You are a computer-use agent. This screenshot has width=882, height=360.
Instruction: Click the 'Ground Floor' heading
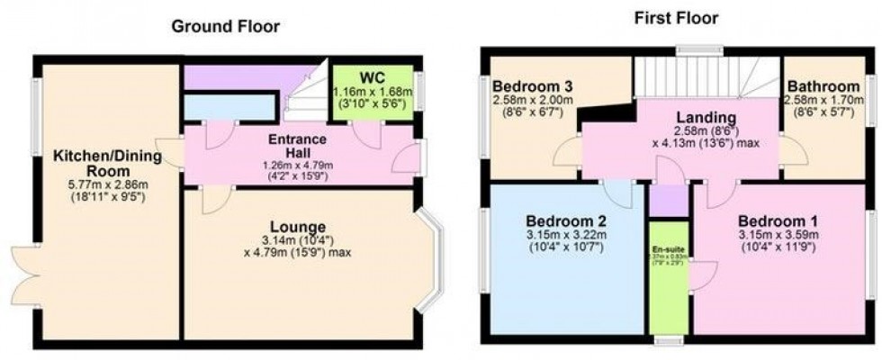point(226,26)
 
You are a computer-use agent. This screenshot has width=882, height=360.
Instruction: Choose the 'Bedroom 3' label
point(533,87)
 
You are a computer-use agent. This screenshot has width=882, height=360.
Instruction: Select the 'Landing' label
point(707,118)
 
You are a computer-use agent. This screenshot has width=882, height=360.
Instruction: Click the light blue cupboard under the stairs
point(229,107)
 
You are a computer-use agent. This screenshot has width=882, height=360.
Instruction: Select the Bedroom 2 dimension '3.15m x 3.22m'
point(566,237)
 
